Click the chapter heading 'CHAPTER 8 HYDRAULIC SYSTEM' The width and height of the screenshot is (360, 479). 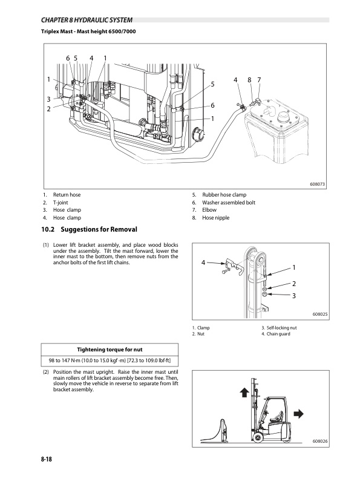87,20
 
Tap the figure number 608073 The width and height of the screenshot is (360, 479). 317,184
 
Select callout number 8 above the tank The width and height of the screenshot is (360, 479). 249,80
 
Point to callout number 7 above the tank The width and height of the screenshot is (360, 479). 259,80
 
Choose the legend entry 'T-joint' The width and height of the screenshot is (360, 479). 61,202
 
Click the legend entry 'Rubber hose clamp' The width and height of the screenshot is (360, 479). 224,195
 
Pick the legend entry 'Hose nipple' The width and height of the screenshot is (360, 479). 215,218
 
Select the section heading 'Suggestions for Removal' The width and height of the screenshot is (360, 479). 99,229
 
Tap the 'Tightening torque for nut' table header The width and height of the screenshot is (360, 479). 110,350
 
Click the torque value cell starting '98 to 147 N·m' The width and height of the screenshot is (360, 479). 110,360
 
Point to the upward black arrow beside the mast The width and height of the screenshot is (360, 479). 244,393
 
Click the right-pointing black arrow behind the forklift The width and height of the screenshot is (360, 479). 298,414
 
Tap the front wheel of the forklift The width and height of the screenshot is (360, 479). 257,437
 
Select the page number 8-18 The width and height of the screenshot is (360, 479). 47,459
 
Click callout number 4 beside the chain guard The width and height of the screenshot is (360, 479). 203,262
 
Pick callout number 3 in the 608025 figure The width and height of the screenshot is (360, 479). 294,296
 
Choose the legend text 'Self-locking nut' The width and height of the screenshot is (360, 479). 281,327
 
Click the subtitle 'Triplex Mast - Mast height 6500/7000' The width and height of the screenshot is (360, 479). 88,31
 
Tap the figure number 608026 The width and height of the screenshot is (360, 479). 320,441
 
